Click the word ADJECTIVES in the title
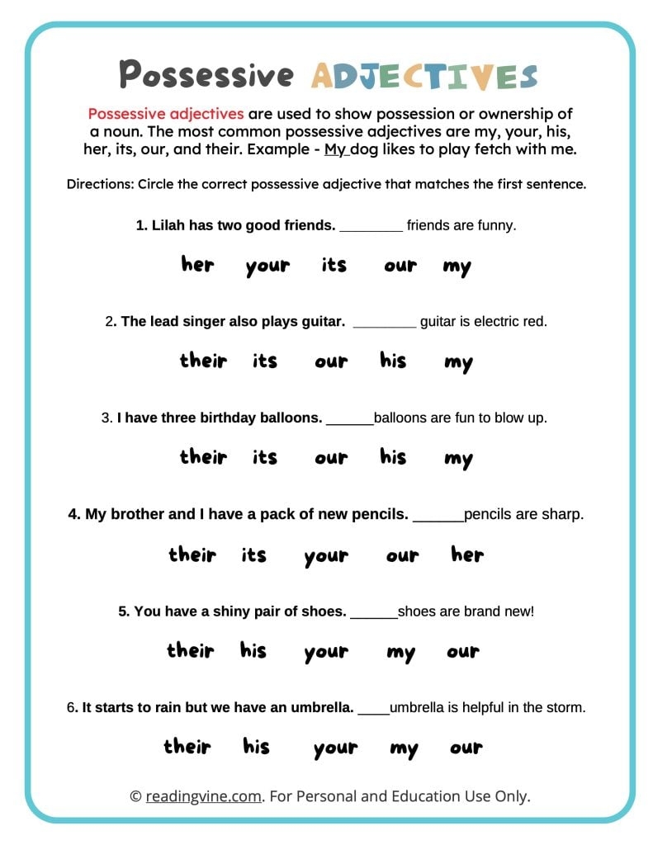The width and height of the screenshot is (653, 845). pos(424,75)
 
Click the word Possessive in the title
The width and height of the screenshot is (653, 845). pos(206,74)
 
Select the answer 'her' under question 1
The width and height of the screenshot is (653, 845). pos(196,265)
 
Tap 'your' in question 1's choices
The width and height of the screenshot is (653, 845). pos(267,267)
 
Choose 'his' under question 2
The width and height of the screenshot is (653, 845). pos(393,361)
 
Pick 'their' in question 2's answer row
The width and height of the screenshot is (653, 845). pos(203,361)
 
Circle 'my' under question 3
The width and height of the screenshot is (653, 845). pos(457,459)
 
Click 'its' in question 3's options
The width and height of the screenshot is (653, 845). pos(264,457)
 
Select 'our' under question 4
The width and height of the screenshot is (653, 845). pos(402,556)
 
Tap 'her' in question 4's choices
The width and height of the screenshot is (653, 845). pos(466,555)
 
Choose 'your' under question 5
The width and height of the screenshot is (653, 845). pos(325,653)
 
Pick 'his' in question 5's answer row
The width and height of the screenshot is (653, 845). pos(253,651)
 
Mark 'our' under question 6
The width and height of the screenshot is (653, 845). pos(466,748)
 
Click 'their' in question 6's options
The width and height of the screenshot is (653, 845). pos(187,747)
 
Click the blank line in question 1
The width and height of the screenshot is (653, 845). pos(371,230)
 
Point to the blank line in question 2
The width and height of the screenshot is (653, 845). pos(384,327)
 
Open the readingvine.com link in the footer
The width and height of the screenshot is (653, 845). pos(204,795)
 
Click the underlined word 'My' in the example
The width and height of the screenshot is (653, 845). pos(336,149)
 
